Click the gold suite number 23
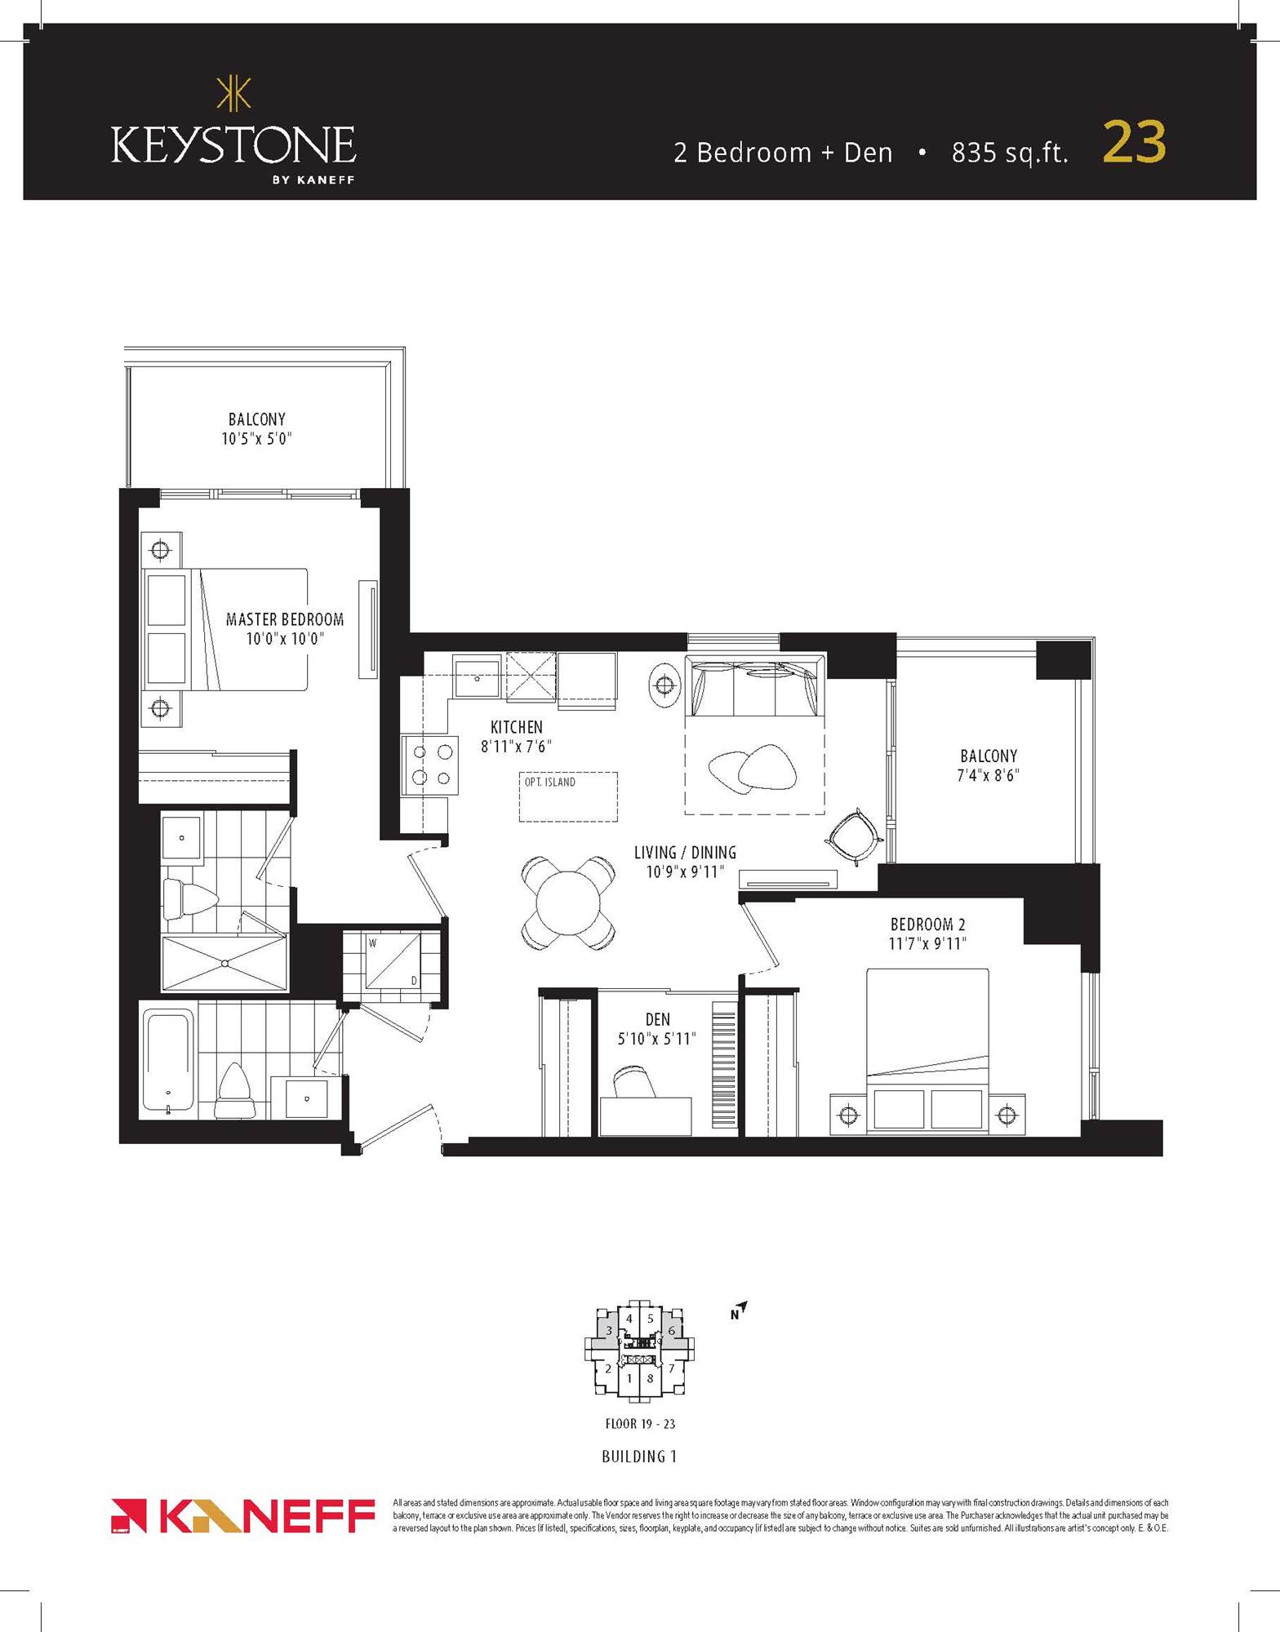[1134, 143]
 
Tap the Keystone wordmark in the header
[233, 146]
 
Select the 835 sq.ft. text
[1009, 153]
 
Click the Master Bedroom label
[285, 619]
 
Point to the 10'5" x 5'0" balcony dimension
[256, 439]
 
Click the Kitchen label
[516, 726]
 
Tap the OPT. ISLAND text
[549, 782]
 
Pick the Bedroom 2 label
[927, 925]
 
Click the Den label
[657, 1019]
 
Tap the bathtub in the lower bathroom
[168, 1062]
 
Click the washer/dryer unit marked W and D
[392, 961]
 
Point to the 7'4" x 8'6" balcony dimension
[988, 775]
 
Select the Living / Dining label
[685, 853]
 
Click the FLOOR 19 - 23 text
[639, 1424]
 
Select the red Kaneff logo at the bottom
[242, 1516]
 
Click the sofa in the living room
[753, 685]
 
